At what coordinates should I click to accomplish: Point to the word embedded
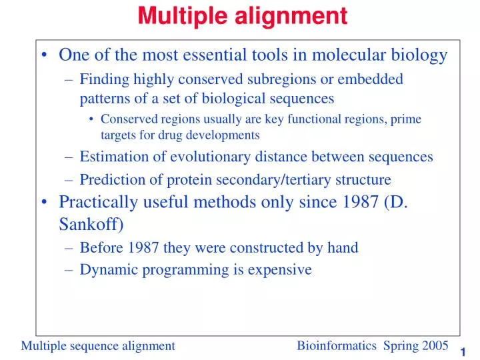[371, 79]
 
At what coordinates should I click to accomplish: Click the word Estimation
[113, 157]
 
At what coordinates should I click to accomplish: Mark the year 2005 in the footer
[435, 345]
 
